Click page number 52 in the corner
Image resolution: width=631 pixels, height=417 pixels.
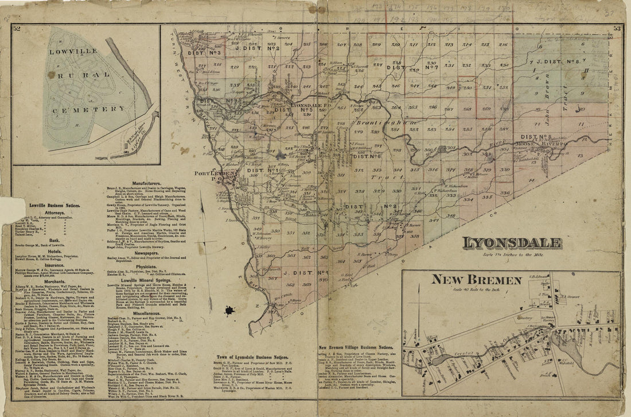[x=17, y=28]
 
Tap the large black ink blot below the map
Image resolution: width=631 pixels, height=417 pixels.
[x=230, y=311]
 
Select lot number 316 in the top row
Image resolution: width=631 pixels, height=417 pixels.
[x=503, y=44]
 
